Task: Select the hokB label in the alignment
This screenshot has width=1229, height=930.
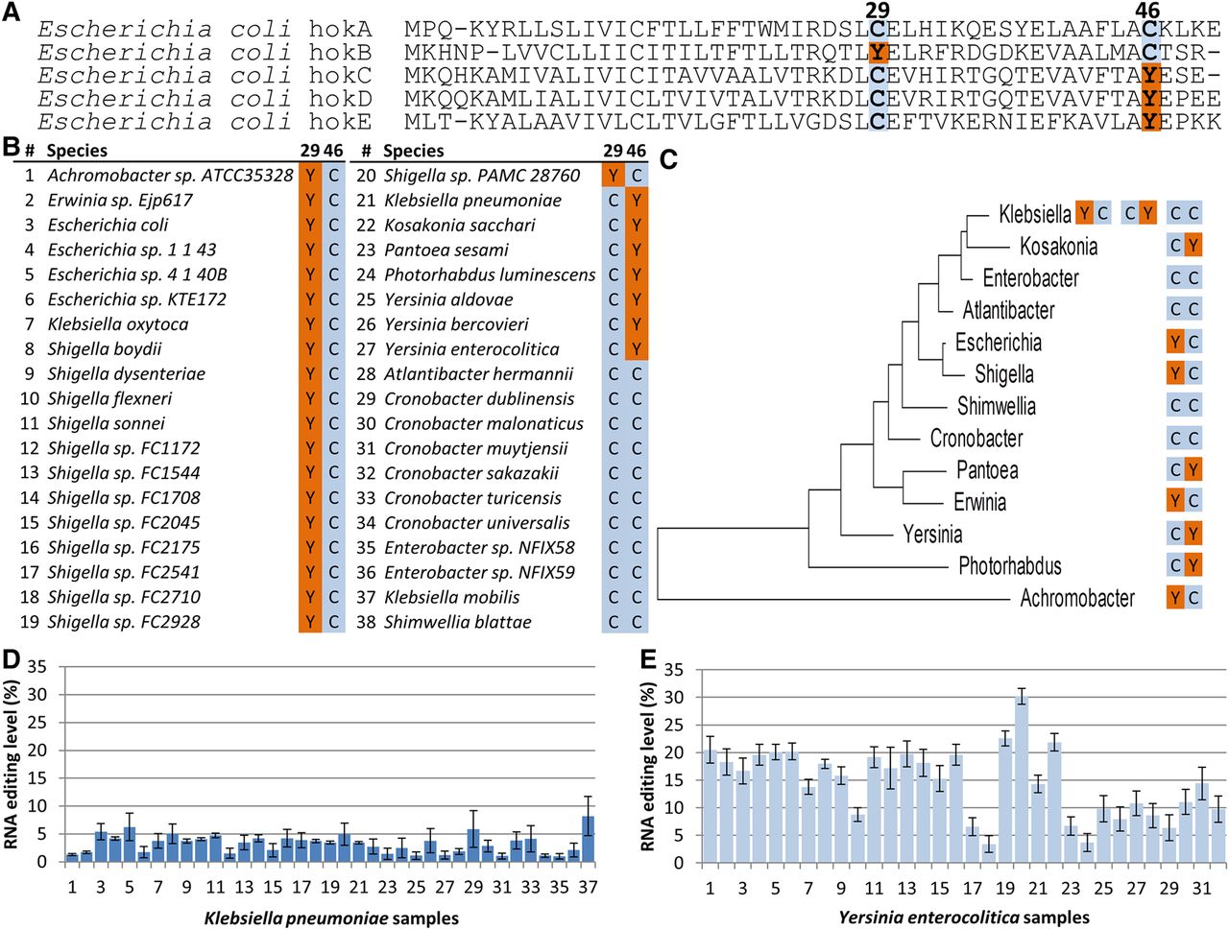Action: point(340,53)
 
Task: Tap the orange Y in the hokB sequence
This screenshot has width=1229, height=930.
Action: point(877,53)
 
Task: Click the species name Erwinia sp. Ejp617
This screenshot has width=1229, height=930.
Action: point(120,201)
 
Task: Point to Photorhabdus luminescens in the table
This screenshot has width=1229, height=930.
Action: point(490,275)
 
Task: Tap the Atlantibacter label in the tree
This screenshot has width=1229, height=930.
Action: point(1008,310)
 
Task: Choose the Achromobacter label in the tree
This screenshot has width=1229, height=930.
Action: point(1076,598)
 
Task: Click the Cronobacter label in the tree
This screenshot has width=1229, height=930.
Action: point(976,439)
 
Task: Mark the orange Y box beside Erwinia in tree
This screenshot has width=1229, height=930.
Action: point(1175,501)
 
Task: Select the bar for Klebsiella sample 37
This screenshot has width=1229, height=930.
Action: point(587,838)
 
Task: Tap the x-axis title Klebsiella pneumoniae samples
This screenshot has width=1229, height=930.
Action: point(331,918)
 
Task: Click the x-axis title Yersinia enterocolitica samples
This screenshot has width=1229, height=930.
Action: point(963,918)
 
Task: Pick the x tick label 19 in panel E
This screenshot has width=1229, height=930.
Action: point(1005,888)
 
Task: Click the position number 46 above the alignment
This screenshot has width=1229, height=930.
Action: point(1147,12)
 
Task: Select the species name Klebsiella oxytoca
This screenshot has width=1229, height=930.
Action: point(118,324)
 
